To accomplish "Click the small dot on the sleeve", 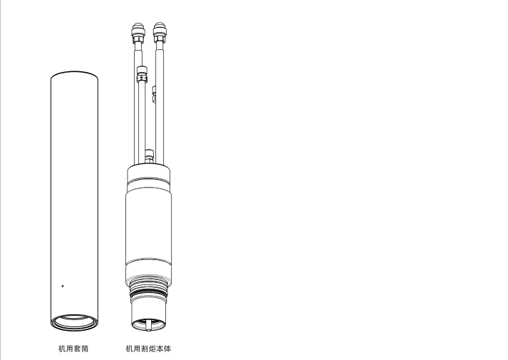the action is tap(63, 286).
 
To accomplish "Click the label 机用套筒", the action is tap(73, 349).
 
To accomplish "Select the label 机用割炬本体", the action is tap(148, 349).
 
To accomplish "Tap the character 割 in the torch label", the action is tap(145, 349).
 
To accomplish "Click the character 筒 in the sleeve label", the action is tap(85, 349).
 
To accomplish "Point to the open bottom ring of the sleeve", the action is tap(74, 329).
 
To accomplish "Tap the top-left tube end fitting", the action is tap(138, 32).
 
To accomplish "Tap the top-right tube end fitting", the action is tap(159, 32).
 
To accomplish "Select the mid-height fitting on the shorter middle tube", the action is tap(142, 74).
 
